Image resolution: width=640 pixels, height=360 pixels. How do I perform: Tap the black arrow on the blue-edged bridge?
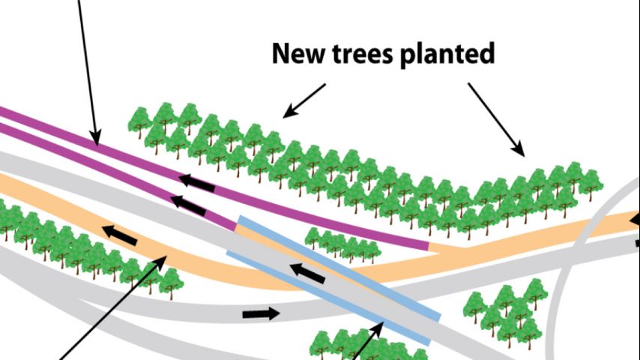307,272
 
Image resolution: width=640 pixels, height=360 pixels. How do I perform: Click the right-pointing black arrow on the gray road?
261,313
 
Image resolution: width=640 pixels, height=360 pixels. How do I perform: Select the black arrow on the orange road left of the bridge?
120,235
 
